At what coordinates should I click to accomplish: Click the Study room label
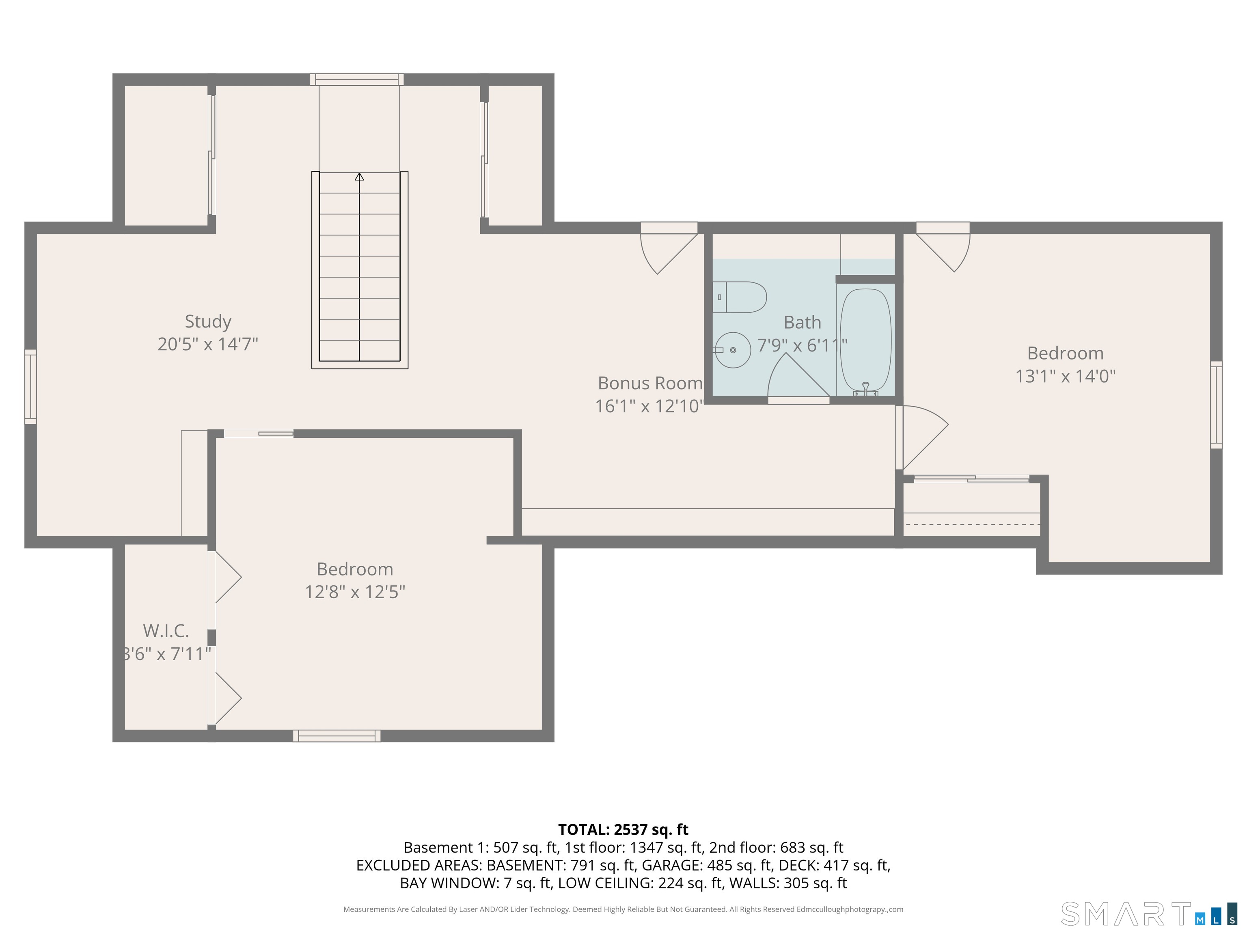click(208, 321)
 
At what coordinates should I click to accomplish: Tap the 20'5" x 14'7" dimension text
click(208, 344)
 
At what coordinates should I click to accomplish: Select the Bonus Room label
click(650, 383)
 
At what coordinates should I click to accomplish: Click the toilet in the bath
click(740, 297)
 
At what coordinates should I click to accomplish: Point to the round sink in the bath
click(733, 350)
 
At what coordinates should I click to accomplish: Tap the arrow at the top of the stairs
click(359, 177)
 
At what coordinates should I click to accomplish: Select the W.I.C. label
click(166, 630)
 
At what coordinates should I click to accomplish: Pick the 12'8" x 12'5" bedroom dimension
click(355, 592)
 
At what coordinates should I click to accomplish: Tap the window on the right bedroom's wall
click(1216, 405)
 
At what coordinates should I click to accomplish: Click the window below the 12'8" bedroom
click(337, 735)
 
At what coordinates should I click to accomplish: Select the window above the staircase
click(357, 80)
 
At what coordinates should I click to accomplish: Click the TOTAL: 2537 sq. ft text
click(623, 829)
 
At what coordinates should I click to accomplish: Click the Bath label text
click(802, 322)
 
